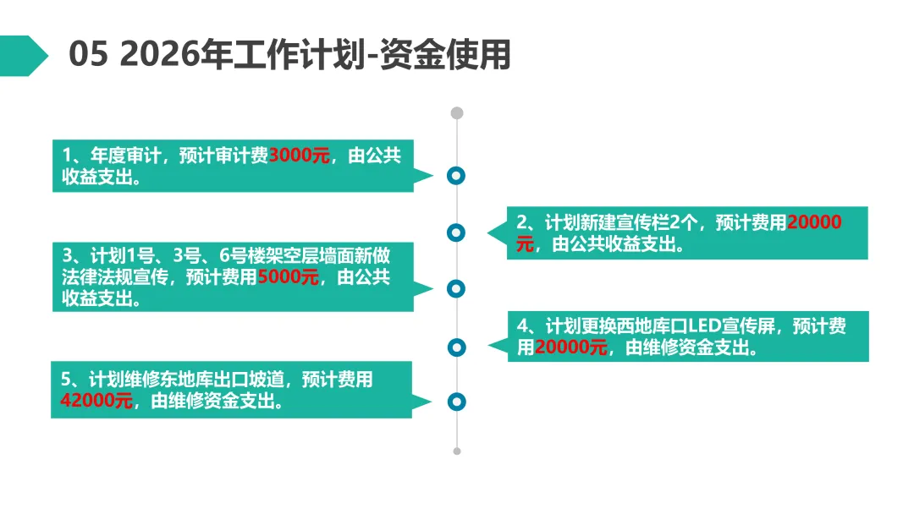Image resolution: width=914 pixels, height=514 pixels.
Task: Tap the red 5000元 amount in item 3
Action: coord(288,276)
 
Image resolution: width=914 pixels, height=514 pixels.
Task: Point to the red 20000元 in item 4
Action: coord(571,347)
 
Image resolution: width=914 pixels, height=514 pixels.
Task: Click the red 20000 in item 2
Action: coord(814,223)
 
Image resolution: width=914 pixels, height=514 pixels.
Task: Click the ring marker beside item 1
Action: coord(457,176)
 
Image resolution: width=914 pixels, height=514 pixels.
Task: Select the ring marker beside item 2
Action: coord(457,232)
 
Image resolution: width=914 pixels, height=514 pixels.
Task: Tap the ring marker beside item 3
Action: coord(457,288)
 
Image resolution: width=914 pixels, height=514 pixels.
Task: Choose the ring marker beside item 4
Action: coord(457,346)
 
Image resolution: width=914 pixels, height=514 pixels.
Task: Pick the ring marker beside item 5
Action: coord(457,402)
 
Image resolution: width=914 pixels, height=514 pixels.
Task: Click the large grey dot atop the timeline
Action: coord(457,112)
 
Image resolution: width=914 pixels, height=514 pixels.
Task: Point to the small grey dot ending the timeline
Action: coord(457,451)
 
